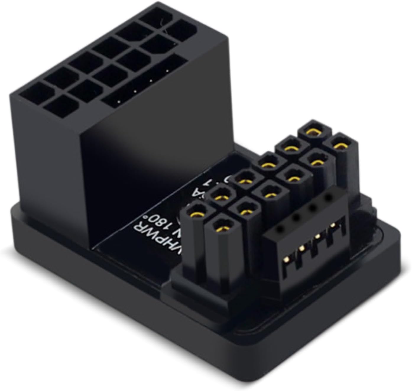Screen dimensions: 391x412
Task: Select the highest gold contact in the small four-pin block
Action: coord(333,225)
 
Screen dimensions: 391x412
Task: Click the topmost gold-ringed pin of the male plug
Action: coord(311,133)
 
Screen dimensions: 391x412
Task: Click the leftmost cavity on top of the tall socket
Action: coord(29,90)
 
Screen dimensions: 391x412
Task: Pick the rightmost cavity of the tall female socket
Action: coord(183,29)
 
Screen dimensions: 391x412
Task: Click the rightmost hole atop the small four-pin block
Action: coord(327,197)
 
